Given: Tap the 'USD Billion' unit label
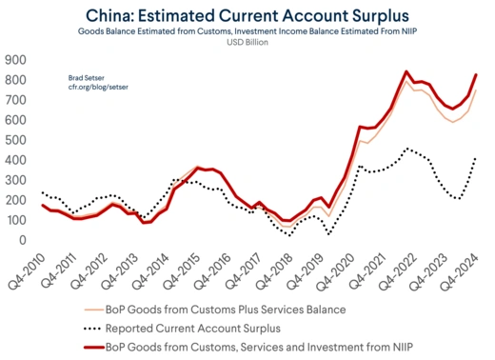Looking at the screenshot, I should [x=247, y=42].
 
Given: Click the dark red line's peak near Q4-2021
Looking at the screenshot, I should [x=406, y=71].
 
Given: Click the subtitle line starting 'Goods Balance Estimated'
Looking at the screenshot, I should [x=247, y=30].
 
